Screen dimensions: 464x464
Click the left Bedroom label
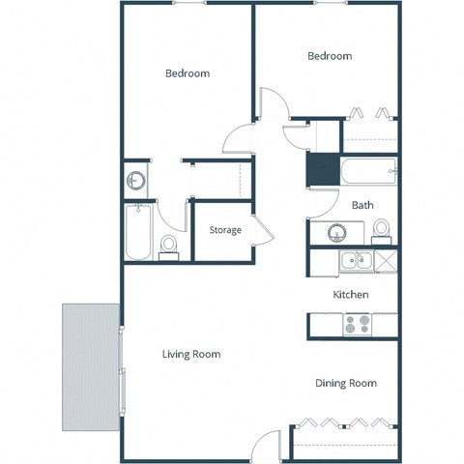(187, 73)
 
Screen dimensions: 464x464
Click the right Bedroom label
(330, 56)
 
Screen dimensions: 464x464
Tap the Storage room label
(225, 230)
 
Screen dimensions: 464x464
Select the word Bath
(362, 205)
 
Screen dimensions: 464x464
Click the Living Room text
(191, 355)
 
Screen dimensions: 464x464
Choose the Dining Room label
(346, 384)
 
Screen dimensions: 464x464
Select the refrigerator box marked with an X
(387, 259)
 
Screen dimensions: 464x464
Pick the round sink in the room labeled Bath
(337, 233)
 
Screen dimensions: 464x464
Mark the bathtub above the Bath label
(367, 173)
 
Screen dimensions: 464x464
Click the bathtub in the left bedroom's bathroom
(139, 232)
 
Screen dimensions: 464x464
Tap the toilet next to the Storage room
(169, 247)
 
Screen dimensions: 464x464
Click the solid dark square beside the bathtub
(320, 171)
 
